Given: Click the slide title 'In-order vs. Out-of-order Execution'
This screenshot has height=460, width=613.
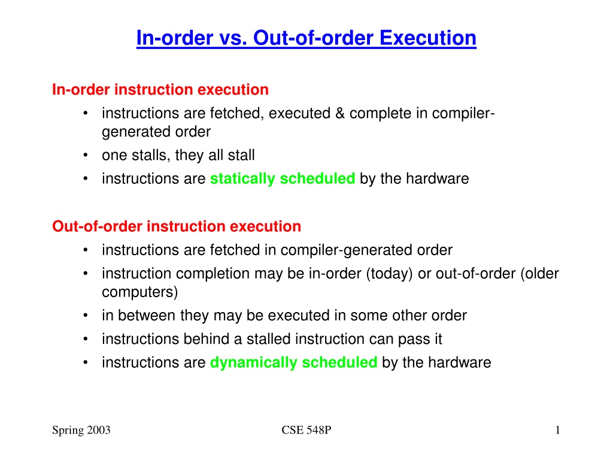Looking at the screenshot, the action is tap(306, 38).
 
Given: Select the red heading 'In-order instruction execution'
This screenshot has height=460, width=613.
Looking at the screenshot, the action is tap(160, 90).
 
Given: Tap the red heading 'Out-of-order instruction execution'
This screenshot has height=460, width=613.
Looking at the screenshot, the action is tap(177, 226).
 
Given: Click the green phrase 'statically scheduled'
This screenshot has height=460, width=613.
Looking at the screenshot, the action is tap(283, 178).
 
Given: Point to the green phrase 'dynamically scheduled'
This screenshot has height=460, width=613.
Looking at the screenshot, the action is tap(293, 362).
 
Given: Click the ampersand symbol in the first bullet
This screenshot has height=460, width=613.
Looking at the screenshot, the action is tap(340, 113).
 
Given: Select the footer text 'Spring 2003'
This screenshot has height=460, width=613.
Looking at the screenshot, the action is tap(81, 430).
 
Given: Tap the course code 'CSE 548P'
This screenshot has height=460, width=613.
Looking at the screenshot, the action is tap(306, 430).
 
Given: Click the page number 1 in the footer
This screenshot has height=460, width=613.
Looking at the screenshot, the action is tap(557, 430).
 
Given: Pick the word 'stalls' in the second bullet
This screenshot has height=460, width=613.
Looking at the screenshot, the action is tap(151, 155).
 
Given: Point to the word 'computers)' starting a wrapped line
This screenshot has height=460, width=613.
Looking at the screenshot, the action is tap(139, 292).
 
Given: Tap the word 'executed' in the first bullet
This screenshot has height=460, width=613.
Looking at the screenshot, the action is tap(299, 113).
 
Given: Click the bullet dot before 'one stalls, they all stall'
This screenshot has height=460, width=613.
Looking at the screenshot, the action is tap(85, 155).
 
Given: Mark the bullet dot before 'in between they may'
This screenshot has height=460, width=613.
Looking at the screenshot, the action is tap(85, 316).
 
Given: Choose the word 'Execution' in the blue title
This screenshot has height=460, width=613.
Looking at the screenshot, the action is tap(427, 38).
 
